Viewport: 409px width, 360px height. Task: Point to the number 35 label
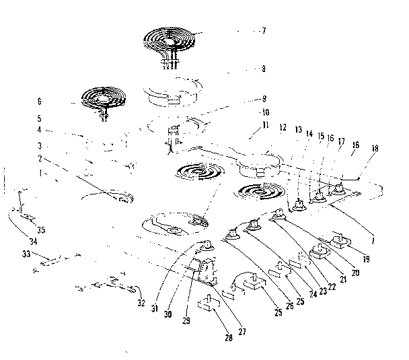[42, 229]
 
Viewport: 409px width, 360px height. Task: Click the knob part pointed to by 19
[341, 240]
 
